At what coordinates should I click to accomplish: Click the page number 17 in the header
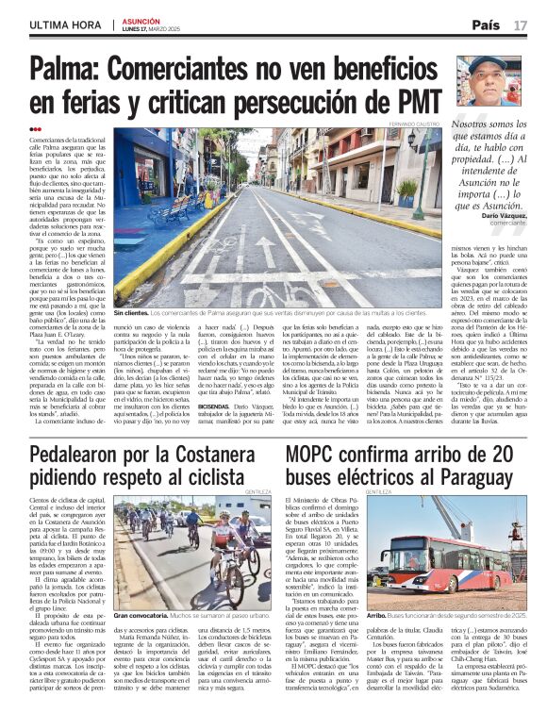pyautogui.click(x=521, y=24)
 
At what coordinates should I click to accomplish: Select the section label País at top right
pyautogui.click(x=486, y=24)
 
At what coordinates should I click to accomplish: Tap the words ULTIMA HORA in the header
pyautogui.click(x=65, y=25)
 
